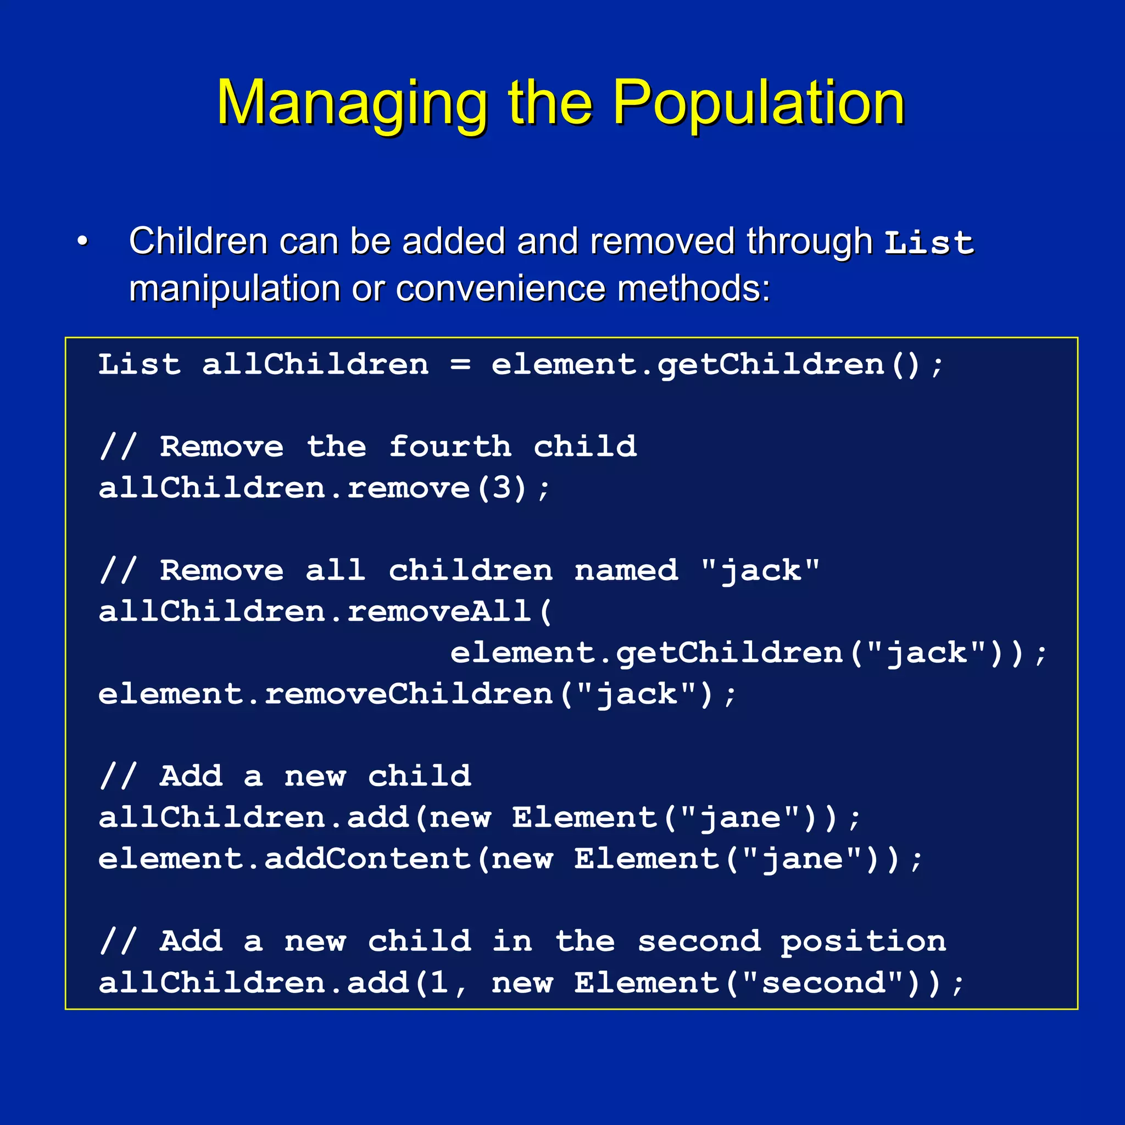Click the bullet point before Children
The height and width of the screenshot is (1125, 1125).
tap(83, 241)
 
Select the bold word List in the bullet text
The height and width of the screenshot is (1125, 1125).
tap(929, 242)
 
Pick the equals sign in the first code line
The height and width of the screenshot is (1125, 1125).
tap(460, 365)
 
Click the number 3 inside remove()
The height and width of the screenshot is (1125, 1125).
tap(502, 487)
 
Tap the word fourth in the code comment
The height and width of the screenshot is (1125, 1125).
tap(449, 447)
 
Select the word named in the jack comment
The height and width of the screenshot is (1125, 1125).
tap(626, 570)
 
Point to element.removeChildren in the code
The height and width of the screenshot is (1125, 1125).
tap(325, 694)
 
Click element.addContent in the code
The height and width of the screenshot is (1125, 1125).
tap(284, 859)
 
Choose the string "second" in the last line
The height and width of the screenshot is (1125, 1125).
tap(823, 983)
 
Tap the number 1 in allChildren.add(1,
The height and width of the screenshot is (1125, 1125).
tap(439, 983)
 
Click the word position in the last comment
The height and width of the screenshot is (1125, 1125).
tap(863, 942)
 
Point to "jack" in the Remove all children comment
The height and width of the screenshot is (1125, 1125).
tap(760, 570)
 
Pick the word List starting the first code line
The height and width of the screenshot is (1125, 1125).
tap(139, 365)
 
